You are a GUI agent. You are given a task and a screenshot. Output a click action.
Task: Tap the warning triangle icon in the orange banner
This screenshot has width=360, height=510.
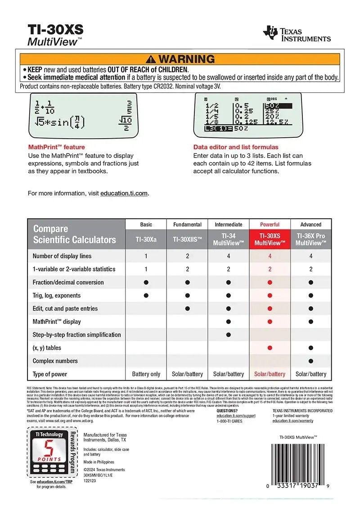[151, 59]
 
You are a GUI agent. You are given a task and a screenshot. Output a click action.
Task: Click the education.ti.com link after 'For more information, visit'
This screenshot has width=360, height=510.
[124, 193]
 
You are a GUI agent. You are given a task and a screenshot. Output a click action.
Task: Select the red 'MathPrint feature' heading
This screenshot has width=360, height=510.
[56, 147]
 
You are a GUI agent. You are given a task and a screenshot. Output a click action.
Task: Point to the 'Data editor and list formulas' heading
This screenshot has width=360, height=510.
[236, 147]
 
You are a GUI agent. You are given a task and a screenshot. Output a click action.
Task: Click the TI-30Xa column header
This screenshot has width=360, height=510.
[146, 239]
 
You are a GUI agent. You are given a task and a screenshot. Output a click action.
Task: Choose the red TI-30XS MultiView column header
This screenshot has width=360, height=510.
[270, 239]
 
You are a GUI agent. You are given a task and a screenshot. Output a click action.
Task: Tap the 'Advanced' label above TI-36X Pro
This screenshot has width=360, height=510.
[310, 224]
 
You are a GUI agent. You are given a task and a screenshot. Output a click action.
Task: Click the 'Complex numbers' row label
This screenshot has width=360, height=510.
[55, 361]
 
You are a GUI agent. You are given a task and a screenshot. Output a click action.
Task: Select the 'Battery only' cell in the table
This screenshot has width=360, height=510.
[146, 374]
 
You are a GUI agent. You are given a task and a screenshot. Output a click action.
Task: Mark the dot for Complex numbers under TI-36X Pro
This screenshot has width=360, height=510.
[310, 361]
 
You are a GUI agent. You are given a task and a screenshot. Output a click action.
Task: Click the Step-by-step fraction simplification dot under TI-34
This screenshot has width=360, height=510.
[229, 334]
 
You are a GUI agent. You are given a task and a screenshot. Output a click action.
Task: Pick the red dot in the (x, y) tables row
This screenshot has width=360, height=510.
[270, 348]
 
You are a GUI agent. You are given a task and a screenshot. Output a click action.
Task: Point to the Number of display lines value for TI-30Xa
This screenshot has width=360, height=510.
[146, 256]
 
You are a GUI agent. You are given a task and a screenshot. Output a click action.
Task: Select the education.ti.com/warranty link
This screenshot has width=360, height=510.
[293, 421]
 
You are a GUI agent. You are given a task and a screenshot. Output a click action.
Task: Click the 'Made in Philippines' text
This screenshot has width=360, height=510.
[99, 462]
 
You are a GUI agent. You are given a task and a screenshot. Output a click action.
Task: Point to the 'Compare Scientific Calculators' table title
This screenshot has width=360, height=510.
[74, 234]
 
